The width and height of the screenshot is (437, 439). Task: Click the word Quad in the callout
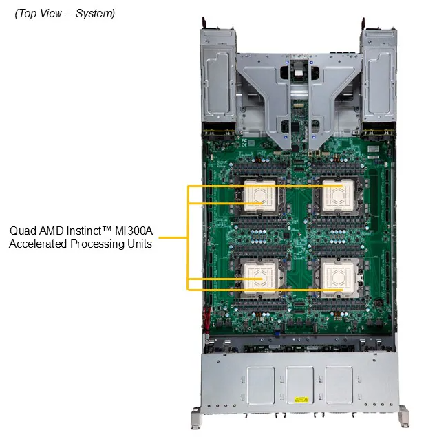click(23, 231)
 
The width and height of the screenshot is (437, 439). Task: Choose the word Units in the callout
click(139, 244)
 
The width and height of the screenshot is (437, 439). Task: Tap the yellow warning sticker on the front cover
click(300, 398)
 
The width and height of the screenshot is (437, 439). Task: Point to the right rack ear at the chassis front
click(403, 416)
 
